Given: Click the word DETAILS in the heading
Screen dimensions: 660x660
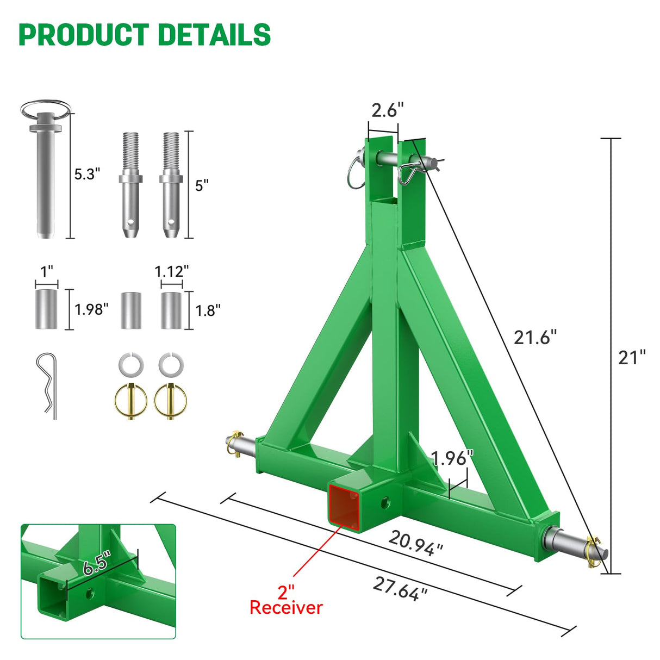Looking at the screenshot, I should click(x=215, y=35).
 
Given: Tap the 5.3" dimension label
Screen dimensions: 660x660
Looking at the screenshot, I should click(x=88, y=174).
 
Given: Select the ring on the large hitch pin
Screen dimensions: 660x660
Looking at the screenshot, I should click(x=46, y=110).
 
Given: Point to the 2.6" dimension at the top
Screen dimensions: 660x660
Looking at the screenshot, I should click(x=387, y=110).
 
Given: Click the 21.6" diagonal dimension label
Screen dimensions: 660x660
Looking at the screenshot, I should click(x=536, y=337).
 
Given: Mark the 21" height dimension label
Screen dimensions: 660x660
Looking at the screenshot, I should click(x=632, y=357).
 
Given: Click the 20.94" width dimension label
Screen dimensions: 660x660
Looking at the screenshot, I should click(x=416, y=543).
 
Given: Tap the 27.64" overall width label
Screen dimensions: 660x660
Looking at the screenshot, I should click(x=400, y=589).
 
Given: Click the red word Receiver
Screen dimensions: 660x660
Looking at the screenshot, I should click(x=286, y=607).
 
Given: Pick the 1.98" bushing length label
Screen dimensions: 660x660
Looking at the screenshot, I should click(x=91, y=309).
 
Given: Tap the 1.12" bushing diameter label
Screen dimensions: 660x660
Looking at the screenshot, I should click(x=171, y=271).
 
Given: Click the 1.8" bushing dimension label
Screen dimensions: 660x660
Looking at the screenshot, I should click(x=208, y=310).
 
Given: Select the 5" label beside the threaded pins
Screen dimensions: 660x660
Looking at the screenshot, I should click(x=202, y=185).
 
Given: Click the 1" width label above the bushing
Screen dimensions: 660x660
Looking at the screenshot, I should click(x=47, y=271).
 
